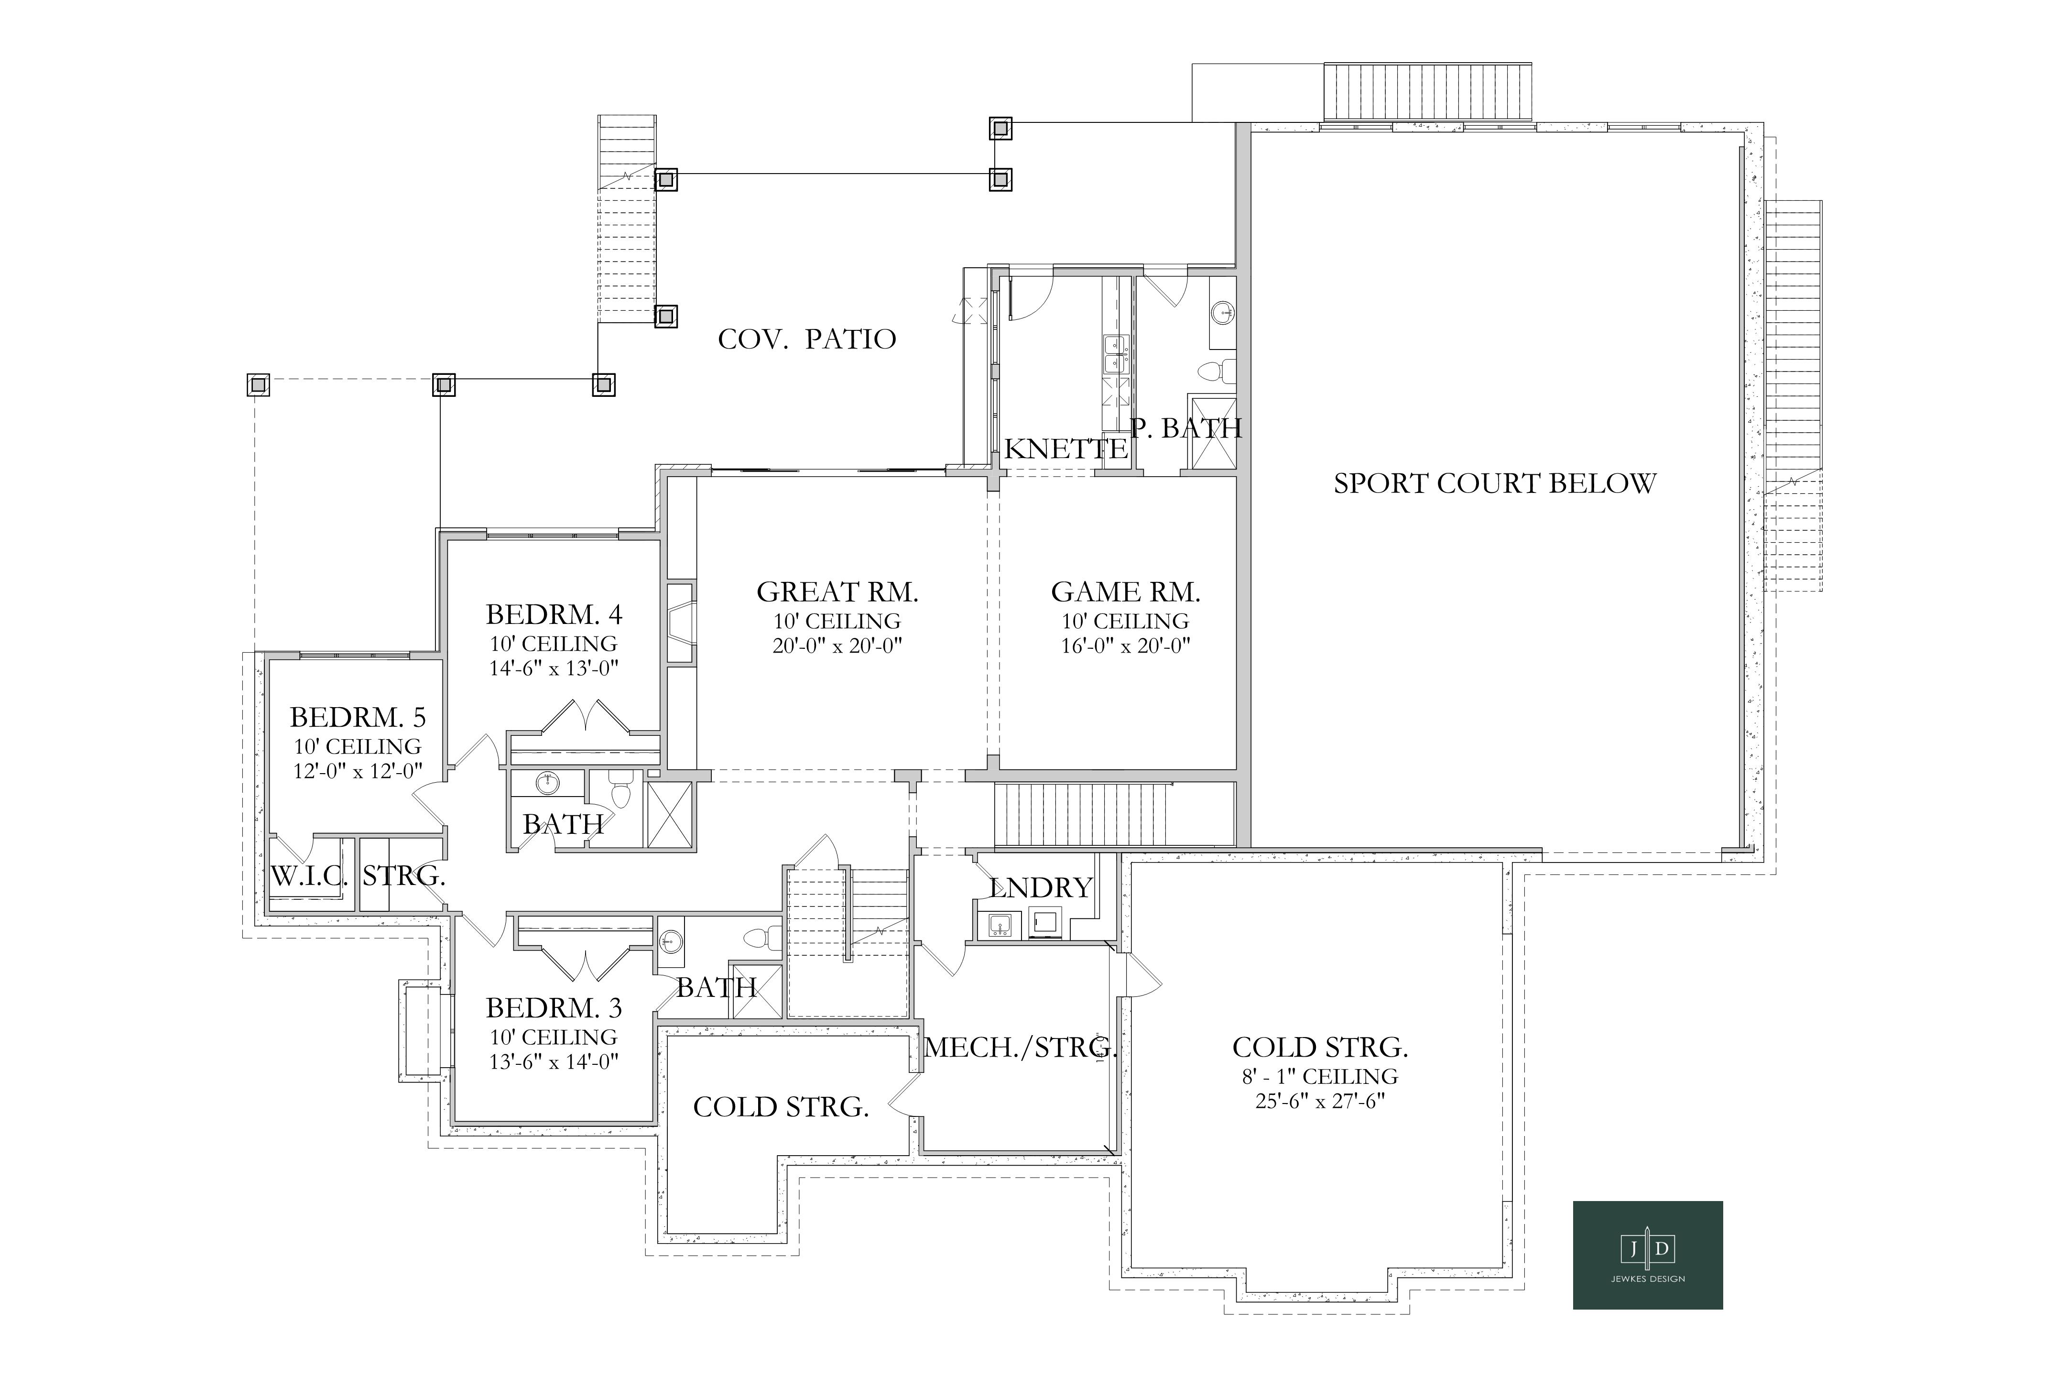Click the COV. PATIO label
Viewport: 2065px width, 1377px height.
(807, 339)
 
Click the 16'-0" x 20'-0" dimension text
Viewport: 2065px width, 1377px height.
(1126, 646)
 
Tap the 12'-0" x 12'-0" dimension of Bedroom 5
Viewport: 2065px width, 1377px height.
(358, 771)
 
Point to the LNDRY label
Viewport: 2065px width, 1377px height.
(1041, 888)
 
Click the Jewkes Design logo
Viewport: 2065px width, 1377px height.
(1647, 1255)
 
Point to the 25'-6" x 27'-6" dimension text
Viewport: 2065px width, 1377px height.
(1320, 1100)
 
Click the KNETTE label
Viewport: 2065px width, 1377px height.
(1066, 449)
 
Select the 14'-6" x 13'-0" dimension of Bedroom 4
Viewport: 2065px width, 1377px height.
(554, 668)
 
